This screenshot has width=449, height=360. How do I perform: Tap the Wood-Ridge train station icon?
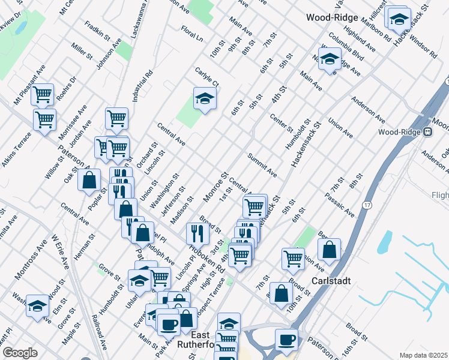428,132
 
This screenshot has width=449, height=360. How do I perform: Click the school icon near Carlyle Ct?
205,98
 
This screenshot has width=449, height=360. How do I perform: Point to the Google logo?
19,353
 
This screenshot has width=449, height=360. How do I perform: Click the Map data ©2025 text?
423,355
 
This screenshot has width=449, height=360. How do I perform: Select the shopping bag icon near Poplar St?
89,179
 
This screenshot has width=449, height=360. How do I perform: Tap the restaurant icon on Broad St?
197,232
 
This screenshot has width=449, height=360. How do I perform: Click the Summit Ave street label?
262,164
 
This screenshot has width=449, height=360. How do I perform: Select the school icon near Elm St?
37,307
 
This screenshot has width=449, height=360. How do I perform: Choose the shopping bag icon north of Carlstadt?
330,250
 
